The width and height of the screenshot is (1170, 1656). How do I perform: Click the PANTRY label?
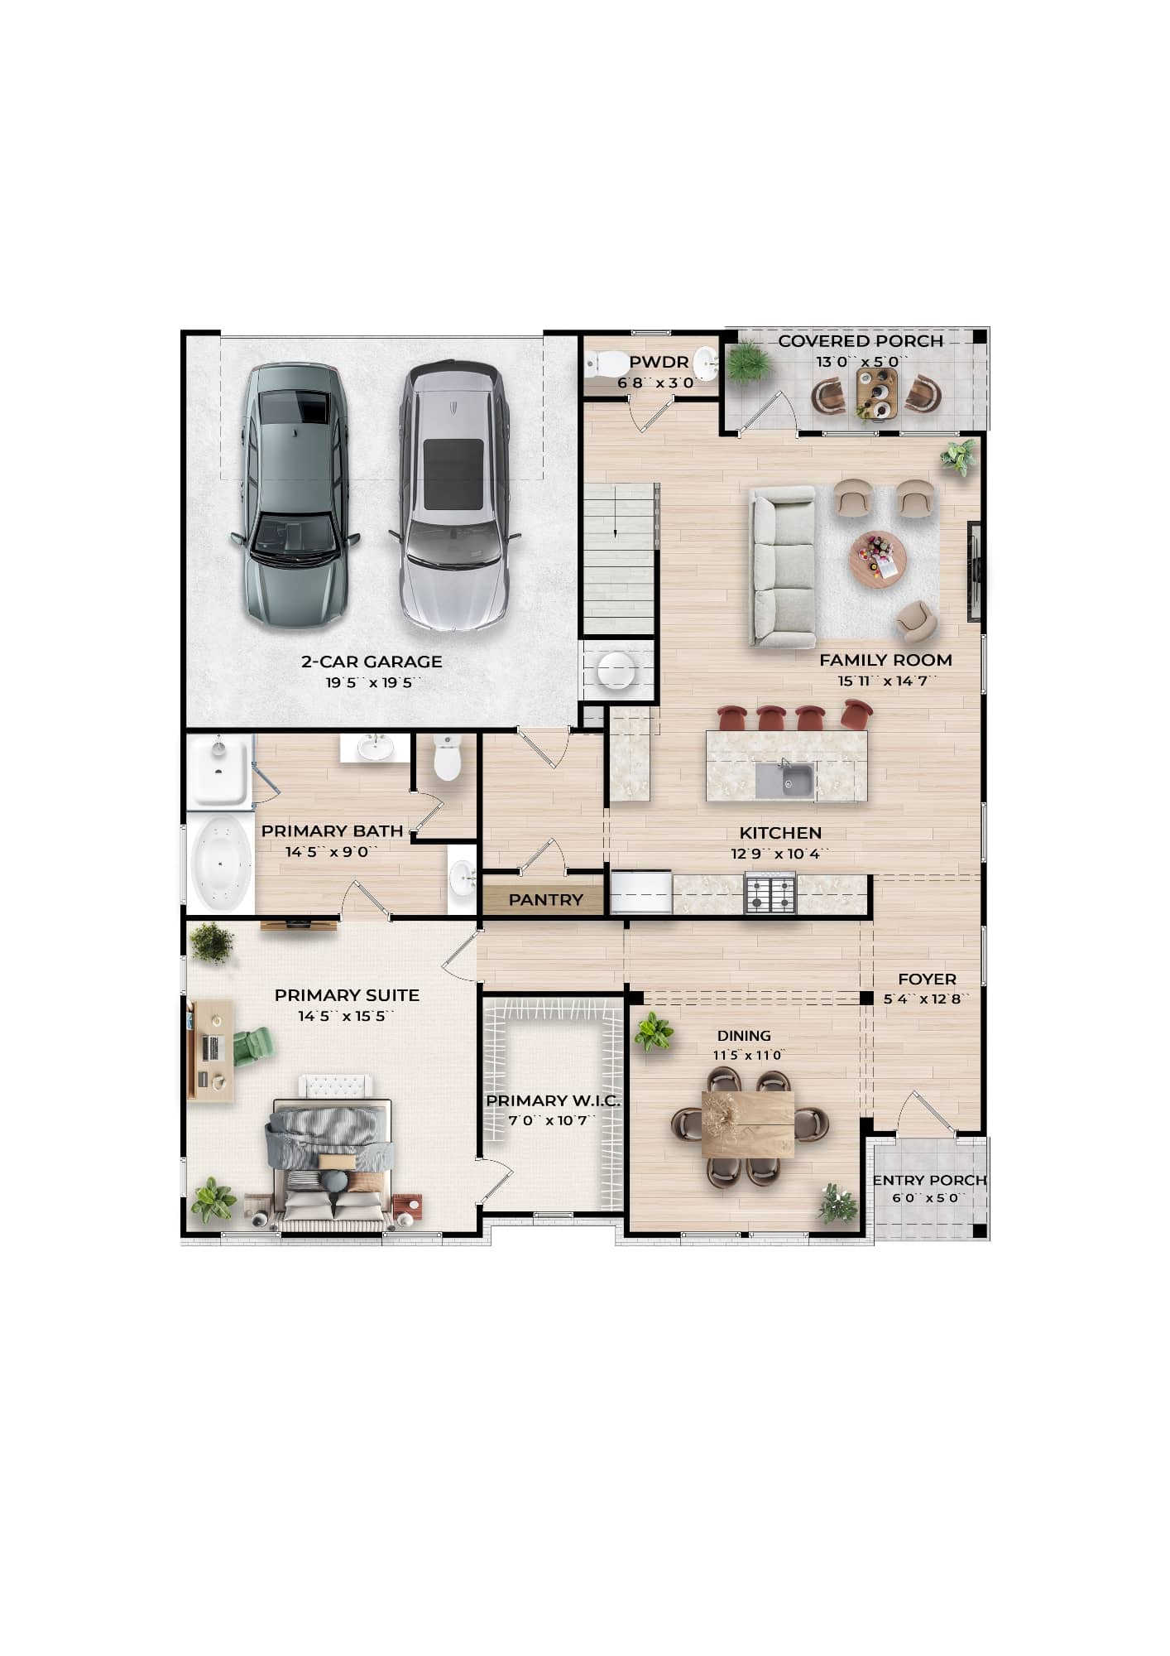pos(545,900)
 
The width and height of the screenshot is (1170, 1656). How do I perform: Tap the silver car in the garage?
pos(453,497)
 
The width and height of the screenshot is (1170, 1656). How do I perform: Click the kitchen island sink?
pos(784,780)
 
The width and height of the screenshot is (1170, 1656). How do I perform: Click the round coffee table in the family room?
pos(877,561)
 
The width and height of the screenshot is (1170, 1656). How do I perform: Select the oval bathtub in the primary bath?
pos(221,863)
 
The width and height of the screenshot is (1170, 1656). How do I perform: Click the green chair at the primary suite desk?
pos(253,1045)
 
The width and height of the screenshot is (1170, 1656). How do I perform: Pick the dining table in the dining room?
pos(748,1124)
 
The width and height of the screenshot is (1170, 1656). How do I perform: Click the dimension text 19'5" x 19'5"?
pos(373,683)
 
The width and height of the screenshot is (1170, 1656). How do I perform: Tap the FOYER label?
pos(927,979)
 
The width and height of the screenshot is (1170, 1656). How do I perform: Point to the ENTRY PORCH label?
pos(929,1180)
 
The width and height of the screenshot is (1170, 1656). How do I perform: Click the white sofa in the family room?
pos(782,567)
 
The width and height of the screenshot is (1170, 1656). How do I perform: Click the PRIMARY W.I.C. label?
pos(553,1100)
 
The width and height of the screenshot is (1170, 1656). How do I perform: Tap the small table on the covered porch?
pos(876,394)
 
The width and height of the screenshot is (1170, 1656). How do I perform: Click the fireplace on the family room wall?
pos(975,571)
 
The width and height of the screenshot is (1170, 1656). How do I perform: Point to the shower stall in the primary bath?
pos(218,772)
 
